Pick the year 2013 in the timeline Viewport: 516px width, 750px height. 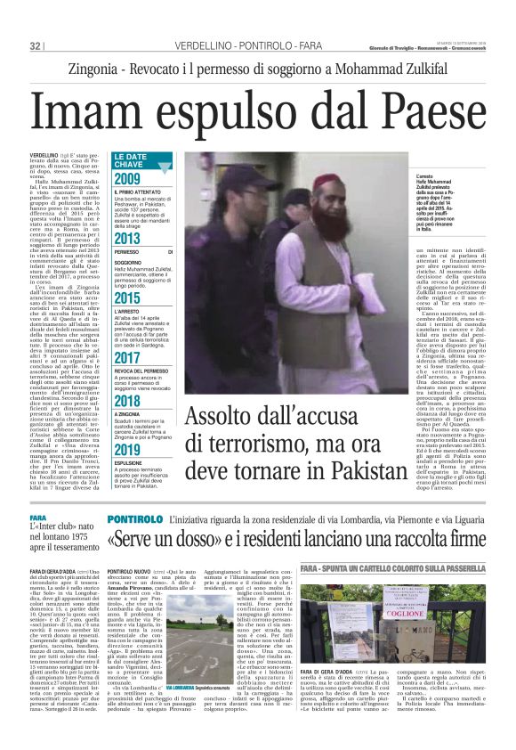pyautogui.click(x=126, y=239)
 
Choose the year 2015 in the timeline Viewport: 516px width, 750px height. pyautogui.click(x=126, y=298)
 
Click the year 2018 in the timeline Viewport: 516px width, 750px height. pyautogui.click(x=126, y=400)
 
